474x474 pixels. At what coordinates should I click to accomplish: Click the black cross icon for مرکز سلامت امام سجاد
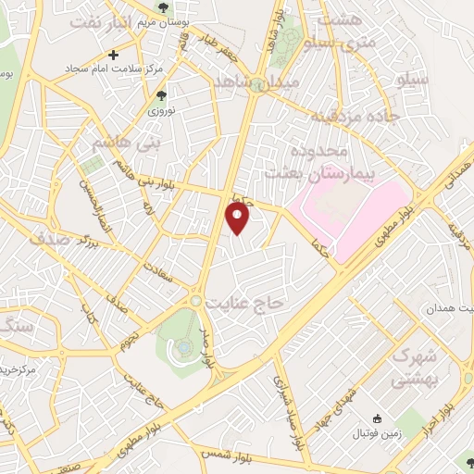pos(113,55)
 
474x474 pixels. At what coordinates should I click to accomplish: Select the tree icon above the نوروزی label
pos(162,95)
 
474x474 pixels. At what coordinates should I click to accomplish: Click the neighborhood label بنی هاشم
pos(121,144)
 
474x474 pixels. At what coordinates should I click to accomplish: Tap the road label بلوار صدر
pos(210,343)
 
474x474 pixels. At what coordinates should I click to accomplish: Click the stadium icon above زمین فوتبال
pos(376,418)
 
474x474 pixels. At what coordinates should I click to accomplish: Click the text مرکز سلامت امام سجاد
pos(101,69)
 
